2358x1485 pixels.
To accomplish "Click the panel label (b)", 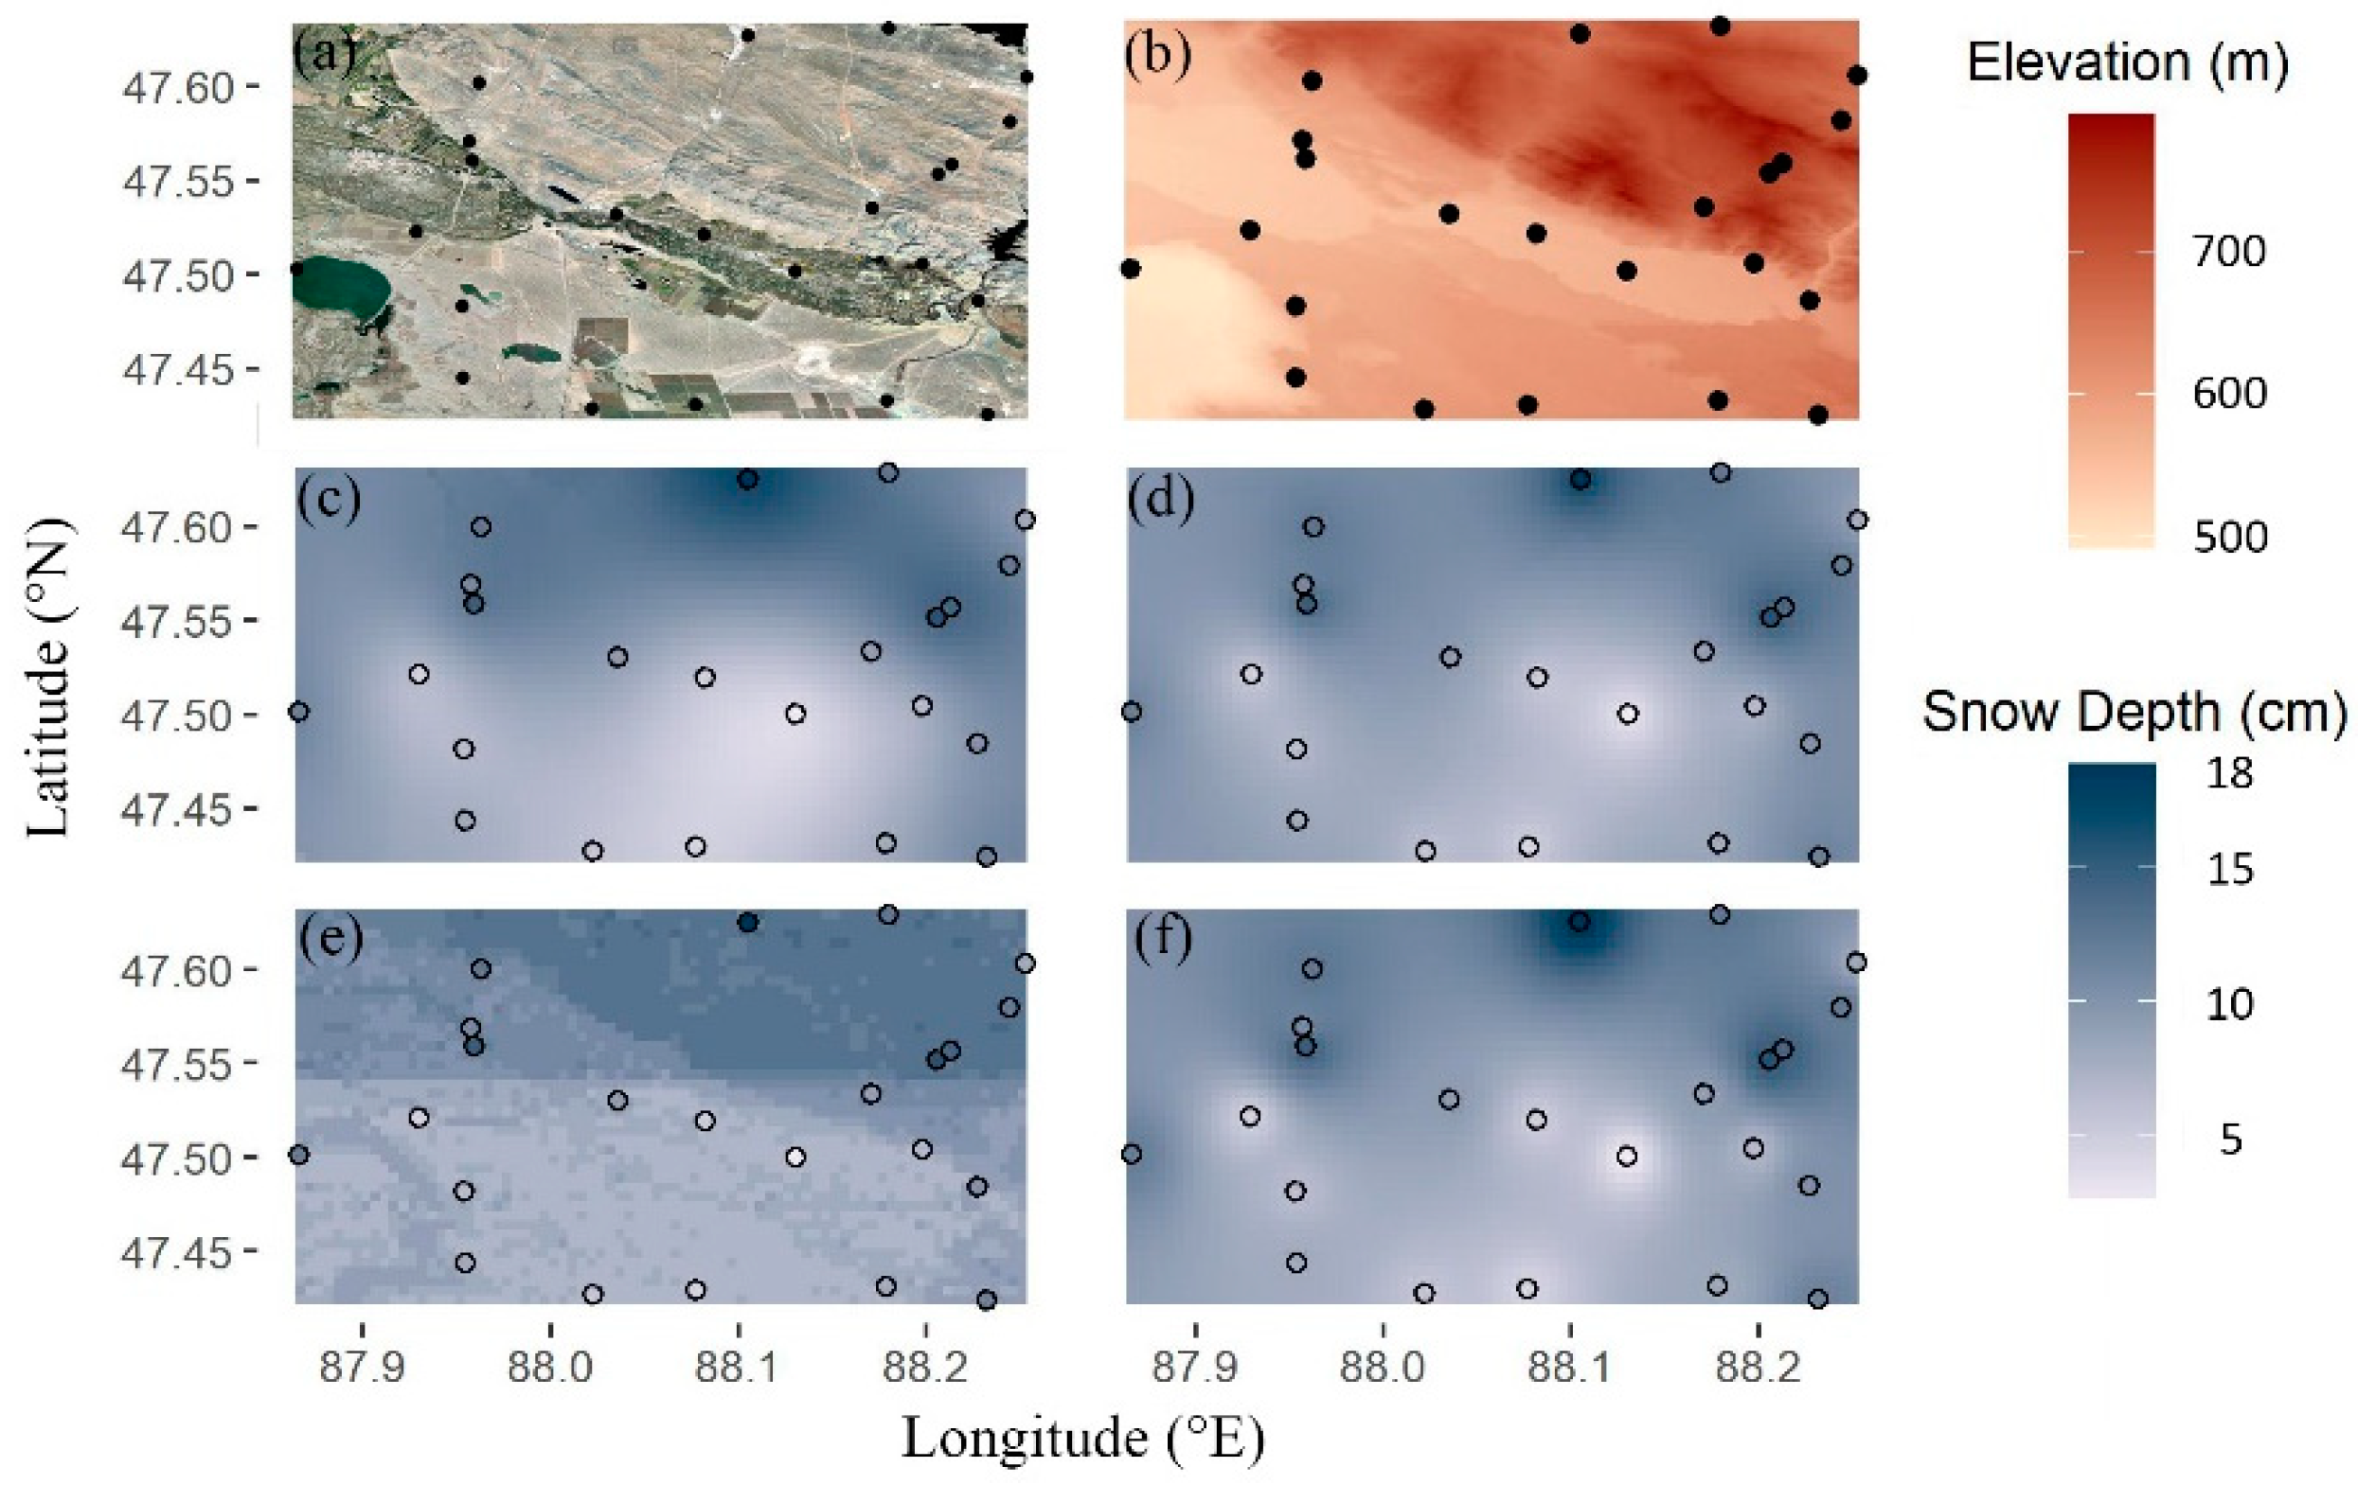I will point(1157,56).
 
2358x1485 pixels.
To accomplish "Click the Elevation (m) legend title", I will point(2127,64).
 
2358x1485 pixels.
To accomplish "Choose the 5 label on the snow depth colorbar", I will point(2230,1139).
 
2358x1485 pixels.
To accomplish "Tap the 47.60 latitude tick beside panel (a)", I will point(178,88).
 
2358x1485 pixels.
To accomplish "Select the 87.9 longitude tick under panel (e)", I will point(364,1367).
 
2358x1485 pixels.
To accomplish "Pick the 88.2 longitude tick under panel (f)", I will point(1757,1367).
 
